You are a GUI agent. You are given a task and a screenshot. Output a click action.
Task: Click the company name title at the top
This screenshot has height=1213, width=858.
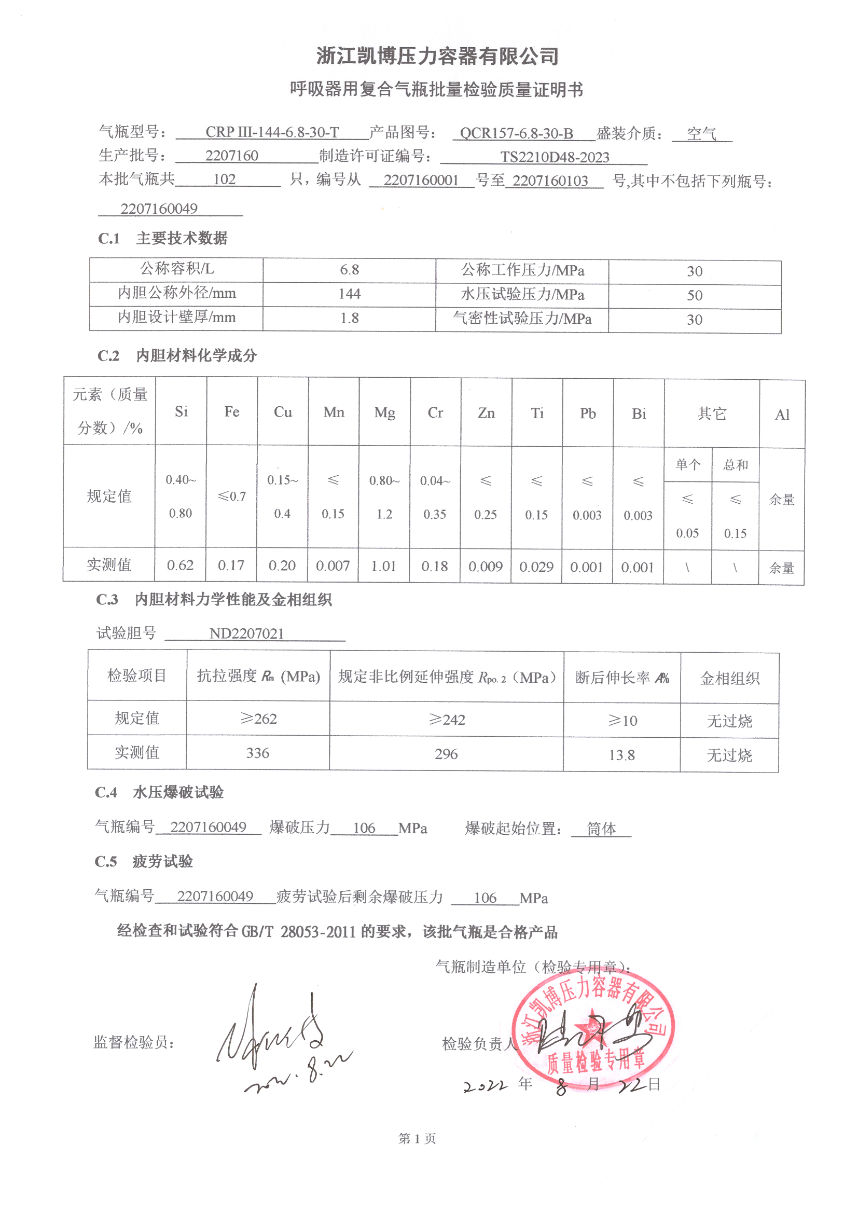click(x=437, y=56)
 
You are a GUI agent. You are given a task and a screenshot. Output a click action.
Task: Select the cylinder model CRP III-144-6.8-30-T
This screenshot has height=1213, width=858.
click(x=272, y=132)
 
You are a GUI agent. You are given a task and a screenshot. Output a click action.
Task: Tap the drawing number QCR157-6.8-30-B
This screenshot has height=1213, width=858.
click(x=516, y=133)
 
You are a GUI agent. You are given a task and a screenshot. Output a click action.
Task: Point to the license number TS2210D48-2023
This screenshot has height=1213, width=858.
click(x=555, y=157)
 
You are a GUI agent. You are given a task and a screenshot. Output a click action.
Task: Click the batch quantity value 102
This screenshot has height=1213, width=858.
click(x=224, y=180)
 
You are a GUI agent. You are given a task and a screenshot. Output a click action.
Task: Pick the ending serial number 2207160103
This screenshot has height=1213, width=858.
click(x=550, y=181)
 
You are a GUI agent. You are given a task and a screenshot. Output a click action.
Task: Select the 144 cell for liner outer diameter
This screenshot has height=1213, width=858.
click(x=349, y=294)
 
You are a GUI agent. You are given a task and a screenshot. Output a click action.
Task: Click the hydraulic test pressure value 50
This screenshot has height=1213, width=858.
click(x=694, y=295)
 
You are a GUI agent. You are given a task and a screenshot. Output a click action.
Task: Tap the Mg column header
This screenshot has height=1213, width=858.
click(x=384, y=412)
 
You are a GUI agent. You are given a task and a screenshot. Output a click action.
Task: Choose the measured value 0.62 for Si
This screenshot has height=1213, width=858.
click(x=180, y=566)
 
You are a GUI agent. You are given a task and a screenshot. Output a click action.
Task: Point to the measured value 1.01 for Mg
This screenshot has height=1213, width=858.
click(x=383, y=567)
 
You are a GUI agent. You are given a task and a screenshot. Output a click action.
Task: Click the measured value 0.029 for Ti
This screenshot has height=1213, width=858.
click(x=536, y=567)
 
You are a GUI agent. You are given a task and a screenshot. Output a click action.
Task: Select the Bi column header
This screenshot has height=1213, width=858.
click(x=639, y=413)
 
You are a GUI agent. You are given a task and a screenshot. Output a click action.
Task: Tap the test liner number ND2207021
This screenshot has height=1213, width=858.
click(x=247, y=633)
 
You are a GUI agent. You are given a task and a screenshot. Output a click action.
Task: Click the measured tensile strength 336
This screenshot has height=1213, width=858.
click(x=258, y=753)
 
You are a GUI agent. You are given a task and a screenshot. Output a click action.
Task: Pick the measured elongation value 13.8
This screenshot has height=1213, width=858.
click(x=622, y=755)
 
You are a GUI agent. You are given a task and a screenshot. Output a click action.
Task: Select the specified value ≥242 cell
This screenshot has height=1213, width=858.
click(x=447, y=720)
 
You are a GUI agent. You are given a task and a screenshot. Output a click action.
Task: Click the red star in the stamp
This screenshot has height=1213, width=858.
click(x=592, y=1022)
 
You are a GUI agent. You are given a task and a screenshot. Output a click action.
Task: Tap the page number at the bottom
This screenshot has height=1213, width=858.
click(x=417, y=1138)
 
